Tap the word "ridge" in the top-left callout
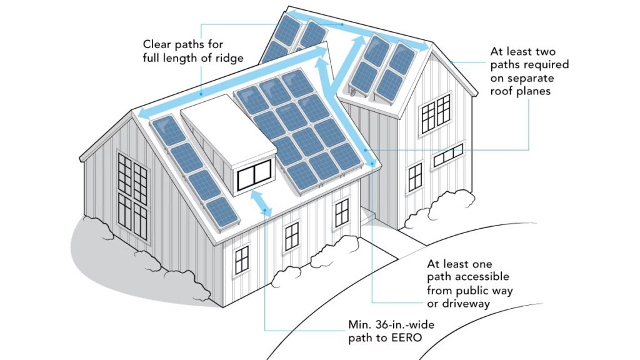[x=227, y=58]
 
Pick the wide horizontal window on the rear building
[x=447, y=154]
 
